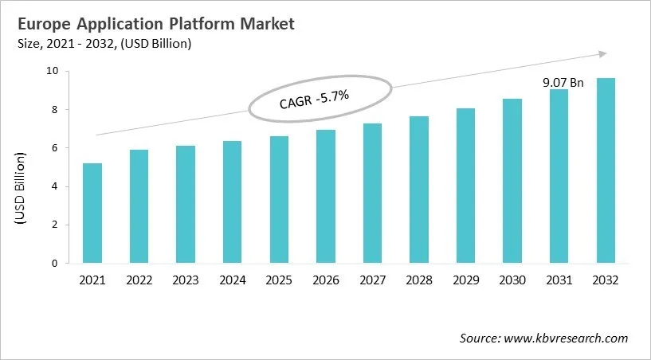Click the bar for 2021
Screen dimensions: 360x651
[x=93, y=213]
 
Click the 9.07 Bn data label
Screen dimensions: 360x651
[x=564, y=81]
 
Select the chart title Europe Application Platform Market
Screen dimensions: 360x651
[x=151, y=24]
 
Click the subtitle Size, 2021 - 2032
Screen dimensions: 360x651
[x=103, y=45]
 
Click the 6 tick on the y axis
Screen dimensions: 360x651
[x=54, y=148]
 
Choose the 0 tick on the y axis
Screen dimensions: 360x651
[x=54, y=264]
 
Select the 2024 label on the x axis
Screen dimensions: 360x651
[x=232, y=280]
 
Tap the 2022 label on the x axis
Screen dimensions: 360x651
[x=139, y=280]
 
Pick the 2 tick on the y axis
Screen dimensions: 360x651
[x=54, y=225]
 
